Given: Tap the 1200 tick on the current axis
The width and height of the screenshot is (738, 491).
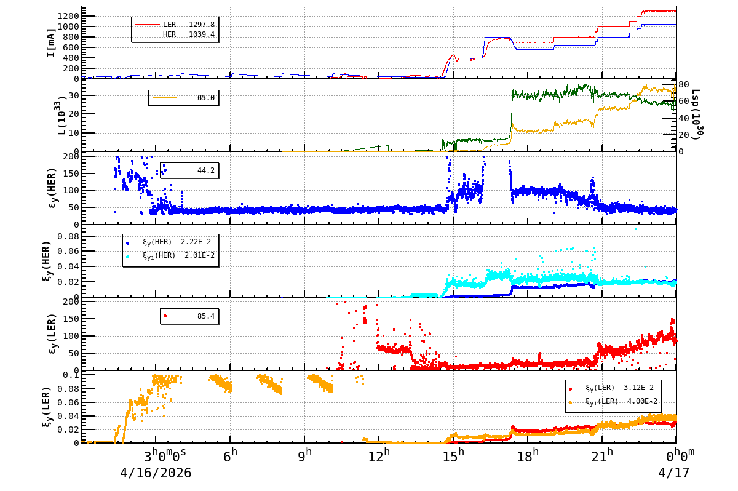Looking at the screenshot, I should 66,15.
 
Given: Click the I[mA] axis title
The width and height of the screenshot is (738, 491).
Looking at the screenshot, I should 51,42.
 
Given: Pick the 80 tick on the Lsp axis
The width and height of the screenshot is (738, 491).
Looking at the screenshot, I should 683,85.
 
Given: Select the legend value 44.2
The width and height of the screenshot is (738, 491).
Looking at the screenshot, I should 205,170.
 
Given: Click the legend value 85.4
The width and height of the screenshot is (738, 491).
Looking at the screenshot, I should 205,316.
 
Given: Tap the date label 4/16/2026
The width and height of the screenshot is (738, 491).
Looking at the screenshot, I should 156,473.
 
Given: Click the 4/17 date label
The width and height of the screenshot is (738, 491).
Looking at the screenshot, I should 674,473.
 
